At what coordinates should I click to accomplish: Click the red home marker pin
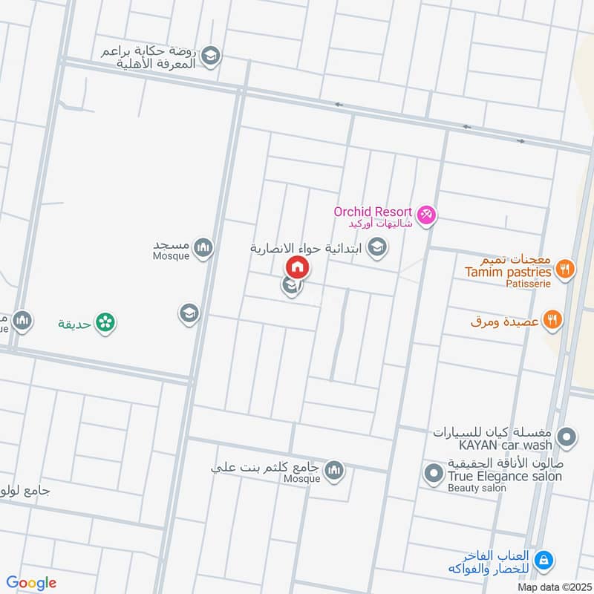click(297, 266)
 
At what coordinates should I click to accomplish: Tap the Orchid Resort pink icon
click(426, 216)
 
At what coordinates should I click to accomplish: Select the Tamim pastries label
click(508, 272)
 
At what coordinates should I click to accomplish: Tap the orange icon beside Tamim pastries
click(565, 269)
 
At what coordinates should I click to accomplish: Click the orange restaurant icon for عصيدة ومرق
click(553, 320)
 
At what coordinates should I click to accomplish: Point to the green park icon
click(105, 322)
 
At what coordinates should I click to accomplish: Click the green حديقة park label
click(74, 324)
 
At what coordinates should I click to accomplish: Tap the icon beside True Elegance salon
click(432, 471)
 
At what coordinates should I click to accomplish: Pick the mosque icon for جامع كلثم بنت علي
click(334, 469)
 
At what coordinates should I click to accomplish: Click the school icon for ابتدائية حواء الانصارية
click(377, 247)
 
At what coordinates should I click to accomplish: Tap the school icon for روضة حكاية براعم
click(211, 56)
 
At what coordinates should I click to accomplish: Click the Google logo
click(31, 583)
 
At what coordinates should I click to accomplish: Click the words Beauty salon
click(477, 488)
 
